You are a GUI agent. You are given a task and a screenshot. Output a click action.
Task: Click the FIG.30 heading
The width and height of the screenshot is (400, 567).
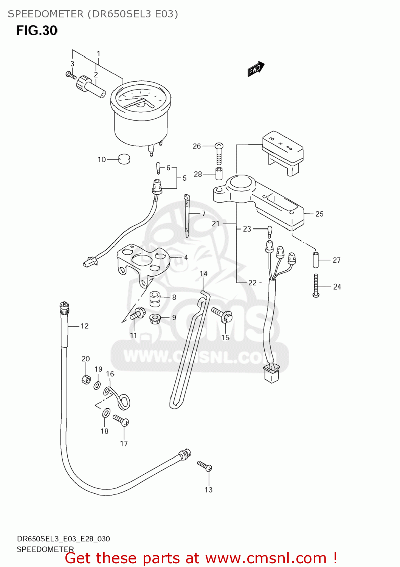[x=37, y=31]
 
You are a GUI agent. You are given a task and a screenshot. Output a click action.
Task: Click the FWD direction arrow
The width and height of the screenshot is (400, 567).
[x=256, y=69]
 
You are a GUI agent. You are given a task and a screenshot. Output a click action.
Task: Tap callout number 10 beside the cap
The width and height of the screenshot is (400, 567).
[x=102, y=160]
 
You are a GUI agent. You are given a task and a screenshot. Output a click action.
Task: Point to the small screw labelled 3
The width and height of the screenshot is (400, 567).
[x=71, y=75]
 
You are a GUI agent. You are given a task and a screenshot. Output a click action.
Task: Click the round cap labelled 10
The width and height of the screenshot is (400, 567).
[x=124, y=159]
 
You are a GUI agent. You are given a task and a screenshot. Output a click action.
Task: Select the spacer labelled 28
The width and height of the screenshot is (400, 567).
[x=219, y=174]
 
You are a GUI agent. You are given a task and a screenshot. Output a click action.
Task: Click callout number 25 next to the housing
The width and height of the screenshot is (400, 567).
[x=319, y=214]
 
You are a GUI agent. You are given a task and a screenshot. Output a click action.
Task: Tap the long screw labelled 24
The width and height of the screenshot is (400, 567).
[x=316, y=285]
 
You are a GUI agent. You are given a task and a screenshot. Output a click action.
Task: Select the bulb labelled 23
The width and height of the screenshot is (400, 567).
[x=270, y=231]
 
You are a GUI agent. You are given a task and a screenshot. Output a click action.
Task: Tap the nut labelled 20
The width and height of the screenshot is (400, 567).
[x=86, y=379]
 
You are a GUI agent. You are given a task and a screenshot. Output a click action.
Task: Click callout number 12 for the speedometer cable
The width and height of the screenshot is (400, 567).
[x=84, y=326]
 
